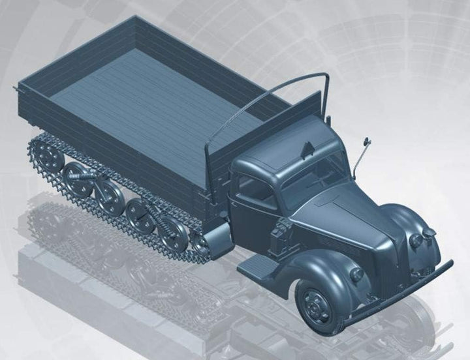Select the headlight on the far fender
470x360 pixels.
click(x=415, y=240)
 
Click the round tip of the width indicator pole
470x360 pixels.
click(x=367, y=140)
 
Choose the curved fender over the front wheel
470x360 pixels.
click(x=307, y=267)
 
